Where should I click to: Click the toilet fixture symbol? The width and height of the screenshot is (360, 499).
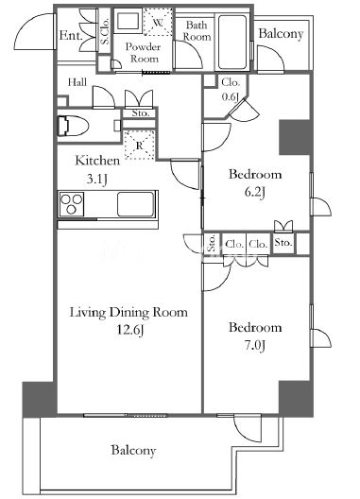(73, 126)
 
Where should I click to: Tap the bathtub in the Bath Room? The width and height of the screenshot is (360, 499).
(232, 42)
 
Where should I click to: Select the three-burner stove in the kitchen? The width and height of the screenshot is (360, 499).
(72, 204)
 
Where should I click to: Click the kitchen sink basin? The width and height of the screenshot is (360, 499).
(135, 204)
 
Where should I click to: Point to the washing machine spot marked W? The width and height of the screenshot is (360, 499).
(158, 22)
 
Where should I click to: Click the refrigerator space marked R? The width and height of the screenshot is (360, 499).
(140, 145)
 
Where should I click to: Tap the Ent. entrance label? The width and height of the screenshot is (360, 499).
(70, 35)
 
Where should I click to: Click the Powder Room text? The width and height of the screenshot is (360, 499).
(144, 53)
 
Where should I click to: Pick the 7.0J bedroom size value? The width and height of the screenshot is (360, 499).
(254, 345)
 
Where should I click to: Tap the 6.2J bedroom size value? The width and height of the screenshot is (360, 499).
(254, 192)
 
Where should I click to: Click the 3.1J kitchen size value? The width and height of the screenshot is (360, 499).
(97, 180)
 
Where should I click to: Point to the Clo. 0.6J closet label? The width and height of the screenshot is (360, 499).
(231, 90)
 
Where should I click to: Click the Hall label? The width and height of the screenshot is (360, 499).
(77, 82)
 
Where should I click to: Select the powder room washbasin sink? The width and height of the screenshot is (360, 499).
(128, 22)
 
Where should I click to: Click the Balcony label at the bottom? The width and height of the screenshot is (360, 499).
(133, 450)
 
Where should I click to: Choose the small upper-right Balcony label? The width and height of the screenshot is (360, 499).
(281, 34)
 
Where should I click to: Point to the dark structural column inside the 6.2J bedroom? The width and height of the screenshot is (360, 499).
(295, 137)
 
